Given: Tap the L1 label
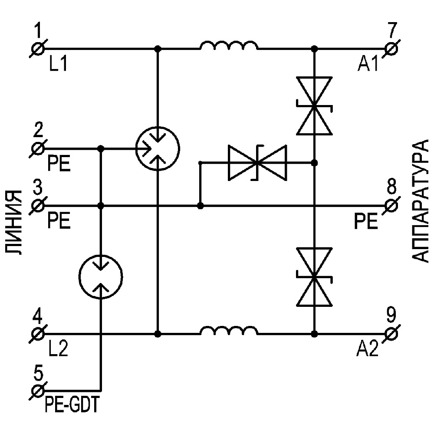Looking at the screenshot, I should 57,65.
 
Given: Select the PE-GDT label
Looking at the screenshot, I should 72,406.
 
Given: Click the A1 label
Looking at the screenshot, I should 368,65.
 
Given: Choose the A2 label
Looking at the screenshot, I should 368,348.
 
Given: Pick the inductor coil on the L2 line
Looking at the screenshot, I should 228,330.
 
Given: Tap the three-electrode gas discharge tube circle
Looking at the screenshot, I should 158,148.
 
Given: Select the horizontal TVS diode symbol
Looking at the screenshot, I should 257,163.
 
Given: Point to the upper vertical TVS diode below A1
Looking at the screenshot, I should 314,105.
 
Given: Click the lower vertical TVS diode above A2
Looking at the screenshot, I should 314,276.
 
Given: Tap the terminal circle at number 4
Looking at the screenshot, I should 38,334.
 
